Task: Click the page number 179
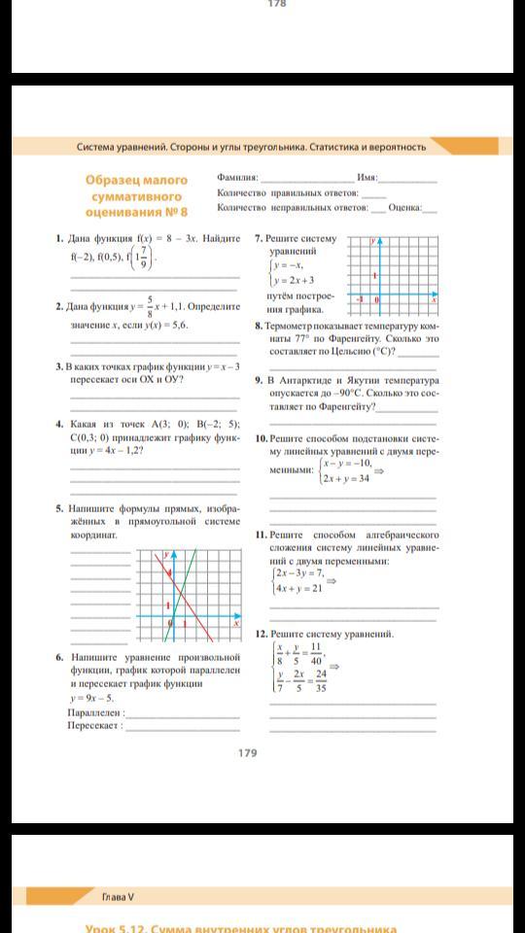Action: pyautogui.click(x=247, y=752)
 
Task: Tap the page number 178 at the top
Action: pyautogui.click(x=276, y=4)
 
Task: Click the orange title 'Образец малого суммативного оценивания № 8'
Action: pyautogui.click(x=137, y=195)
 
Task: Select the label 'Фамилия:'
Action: pyautogui.click(x=238, y=179)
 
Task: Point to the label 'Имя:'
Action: pyautogui.click(x=367, y=179)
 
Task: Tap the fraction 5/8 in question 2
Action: pyautogui.click(x=151, y=305)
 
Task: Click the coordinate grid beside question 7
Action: pyautogui.click(x=398, y=273)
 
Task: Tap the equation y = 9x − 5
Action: pyautogui.click(x=91, y=698)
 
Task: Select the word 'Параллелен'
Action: pyautogui.click(x=95, y=711)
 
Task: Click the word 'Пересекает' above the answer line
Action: pyautogui.click(x=94, y=725)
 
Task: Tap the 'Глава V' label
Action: pyautogui.click(x=118, y=895)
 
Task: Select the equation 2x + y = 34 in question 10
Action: pyautogui.click(x=347, y=478)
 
